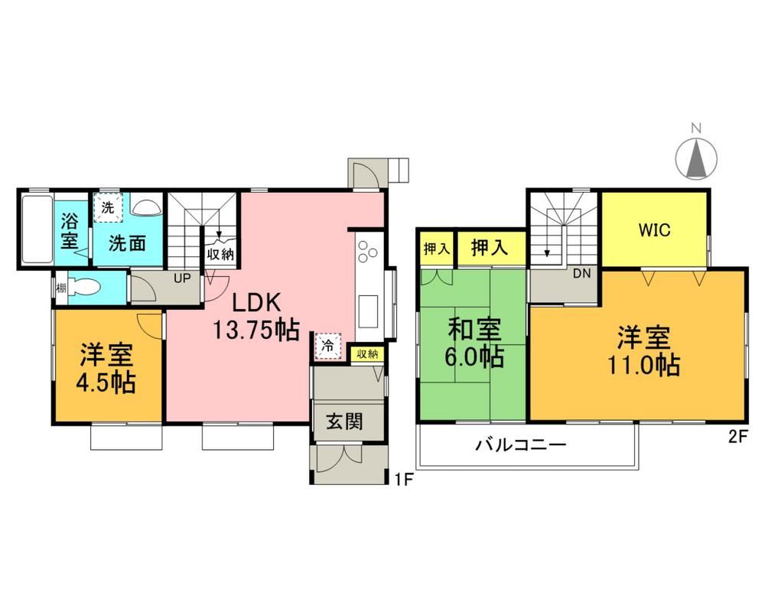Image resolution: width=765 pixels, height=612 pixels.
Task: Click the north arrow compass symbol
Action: click(696, 158)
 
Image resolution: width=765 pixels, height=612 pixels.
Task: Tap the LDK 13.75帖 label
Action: click(256, 317)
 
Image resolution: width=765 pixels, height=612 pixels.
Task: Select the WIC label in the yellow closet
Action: click(654, 229)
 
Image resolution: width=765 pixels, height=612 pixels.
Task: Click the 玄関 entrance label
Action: click(344, 422)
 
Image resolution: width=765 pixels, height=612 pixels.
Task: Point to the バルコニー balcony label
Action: click(521, 445)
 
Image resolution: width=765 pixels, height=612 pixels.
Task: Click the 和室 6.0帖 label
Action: click(474, 343)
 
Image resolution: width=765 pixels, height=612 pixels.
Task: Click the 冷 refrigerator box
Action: click(328, 346)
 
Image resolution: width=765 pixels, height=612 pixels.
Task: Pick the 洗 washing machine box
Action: click(108, 207)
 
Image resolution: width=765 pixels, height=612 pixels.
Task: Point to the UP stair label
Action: click(182, 278)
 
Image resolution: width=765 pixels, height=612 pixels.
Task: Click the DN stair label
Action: click(581, 273)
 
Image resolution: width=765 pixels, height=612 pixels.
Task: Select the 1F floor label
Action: click(405, 480)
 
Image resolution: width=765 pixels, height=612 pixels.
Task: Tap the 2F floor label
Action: click(738, 436)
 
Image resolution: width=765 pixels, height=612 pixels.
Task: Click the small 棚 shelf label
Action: click(61, 288)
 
